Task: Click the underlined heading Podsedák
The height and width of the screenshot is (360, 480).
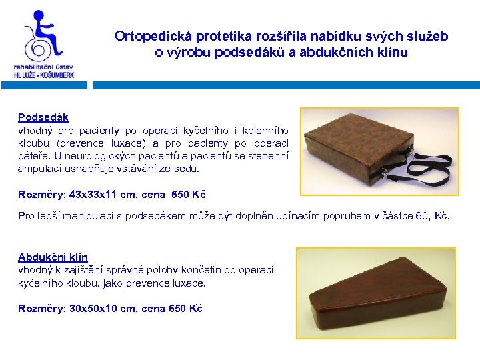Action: click(43, 117)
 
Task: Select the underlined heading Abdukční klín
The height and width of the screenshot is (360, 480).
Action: click(53, 257)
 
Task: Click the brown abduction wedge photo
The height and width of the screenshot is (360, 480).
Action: click(375, 291)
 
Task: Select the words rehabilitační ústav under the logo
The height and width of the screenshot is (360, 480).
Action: click(43, 67)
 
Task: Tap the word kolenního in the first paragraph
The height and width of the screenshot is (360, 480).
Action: click(265, 131)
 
